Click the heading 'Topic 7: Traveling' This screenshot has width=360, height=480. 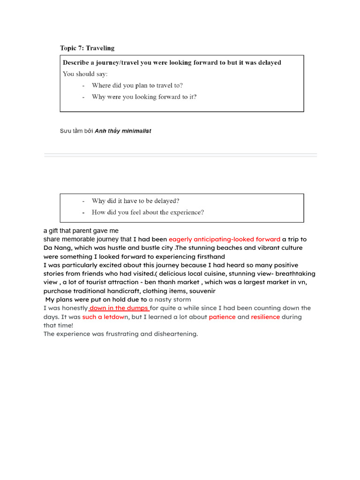click(x=87, y=48)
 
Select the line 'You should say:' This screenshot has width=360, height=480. click(x=85, y=74)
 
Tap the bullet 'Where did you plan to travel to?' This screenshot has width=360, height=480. click(x=137, y=85)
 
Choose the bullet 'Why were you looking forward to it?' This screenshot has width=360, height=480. click(x=144, y=97)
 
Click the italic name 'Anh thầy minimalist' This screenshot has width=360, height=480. click(x=123, y=131)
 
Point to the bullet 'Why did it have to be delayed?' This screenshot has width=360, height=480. click(x=135, y=201)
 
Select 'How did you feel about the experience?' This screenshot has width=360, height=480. click(x=148, y=212)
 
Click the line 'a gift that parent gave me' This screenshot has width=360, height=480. click(x=81, y=231)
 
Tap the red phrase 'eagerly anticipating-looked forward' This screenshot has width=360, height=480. click(x=225, y=239)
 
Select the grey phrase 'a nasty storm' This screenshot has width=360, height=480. click(x=170, y=300)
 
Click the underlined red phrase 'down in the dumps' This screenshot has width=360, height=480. click(x=119, y=308)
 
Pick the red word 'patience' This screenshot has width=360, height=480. click(x=222, y=317)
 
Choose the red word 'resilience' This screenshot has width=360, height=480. click(x=265, y=317)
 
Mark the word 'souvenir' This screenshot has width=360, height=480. click(x=202, y=291)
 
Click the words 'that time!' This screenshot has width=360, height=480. click(x=59, y=325)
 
